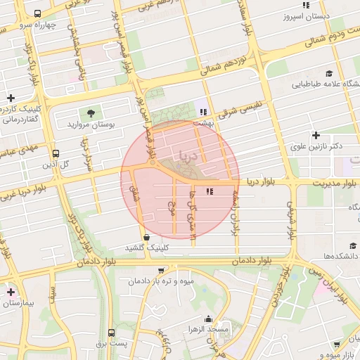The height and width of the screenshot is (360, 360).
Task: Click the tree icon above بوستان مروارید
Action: point(90,112)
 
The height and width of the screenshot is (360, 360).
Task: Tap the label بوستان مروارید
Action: point(90,124)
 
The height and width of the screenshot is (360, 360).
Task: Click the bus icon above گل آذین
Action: point(56,153)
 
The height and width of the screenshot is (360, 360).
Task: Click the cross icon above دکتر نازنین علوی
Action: point(316,135)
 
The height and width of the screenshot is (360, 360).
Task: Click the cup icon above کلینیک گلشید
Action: point(146,237)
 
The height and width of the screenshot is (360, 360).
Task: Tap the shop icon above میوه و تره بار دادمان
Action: point(161,271)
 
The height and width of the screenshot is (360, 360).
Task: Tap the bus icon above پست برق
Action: point(111,333)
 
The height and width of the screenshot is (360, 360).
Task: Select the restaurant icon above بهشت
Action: point(203,111)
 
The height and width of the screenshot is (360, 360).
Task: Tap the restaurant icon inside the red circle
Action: point(209,191)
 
